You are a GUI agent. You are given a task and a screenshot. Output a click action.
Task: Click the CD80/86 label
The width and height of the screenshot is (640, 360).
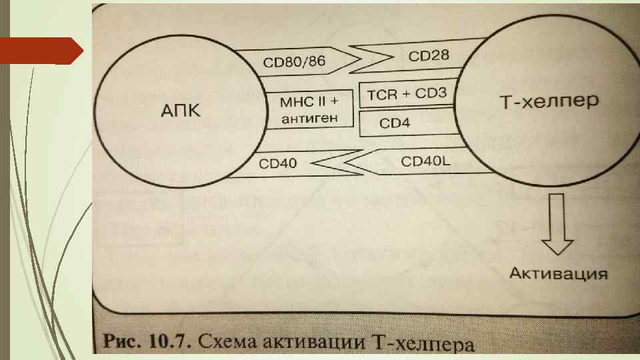[294, 63]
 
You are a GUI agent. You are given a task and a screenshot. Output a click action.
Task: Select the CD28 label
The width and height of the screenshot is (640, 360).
[429, 57]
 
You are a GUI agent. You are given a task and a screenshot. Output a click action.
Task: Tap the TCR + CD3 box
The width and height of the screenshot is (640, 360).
[407, 95]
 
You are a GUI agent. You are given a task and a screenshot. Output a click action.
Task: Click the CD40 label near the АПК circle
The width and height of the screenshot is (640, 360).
[279, 162]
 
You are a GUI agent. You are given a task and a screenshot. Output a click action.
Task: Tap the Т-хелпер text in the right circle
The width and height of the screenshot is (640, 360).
[549, 102]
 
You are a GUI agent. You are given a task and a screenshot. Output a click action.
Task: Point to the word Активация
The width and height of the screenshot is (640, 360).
[559, 273]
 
